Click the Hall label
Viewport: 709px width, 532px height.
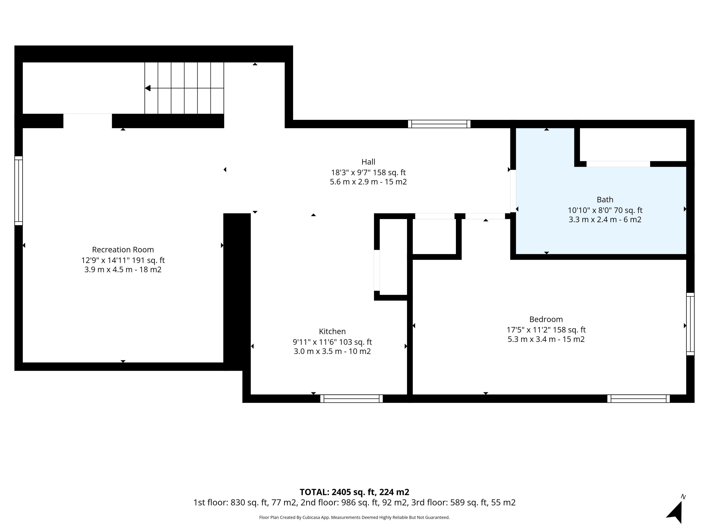(x=368, y=162)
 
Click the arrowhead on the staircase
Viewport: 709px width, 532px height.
(x=148, y=88)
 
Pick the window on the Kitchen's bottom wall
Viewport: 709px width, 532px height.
(x=351, y=399)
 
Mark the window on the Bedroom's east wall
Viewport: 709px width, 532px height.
(x=690, y=324)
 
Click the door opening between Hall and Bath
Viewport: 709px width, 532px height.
(x=513, y=191)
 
